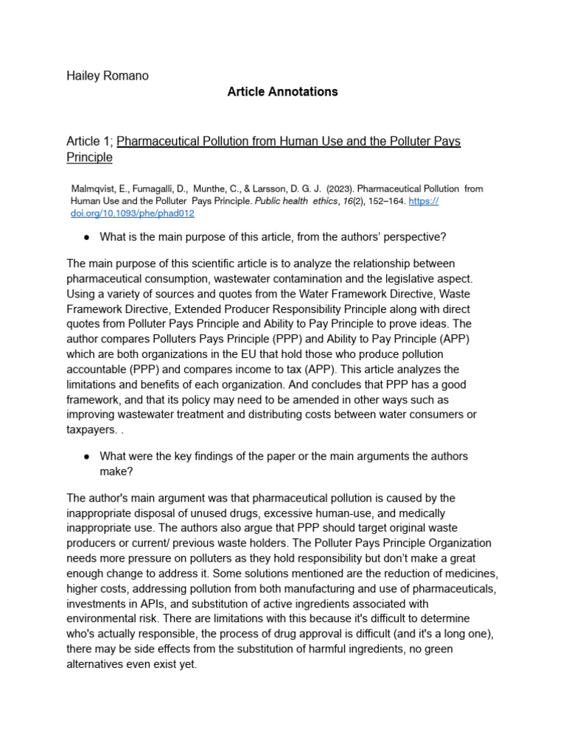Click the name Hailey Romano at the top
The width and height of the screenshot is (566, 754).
tap(108, 76)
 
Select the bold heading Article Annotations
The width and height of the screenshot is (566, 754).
tap(282, 92)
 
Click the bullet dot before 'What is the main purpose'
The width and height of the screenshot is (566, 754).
tap(87, 237)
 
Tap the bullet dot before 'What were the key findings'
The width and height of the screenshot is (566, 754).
tap(87, 457)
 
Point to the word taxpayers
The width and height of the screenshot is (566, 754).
tap(91, 431)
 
